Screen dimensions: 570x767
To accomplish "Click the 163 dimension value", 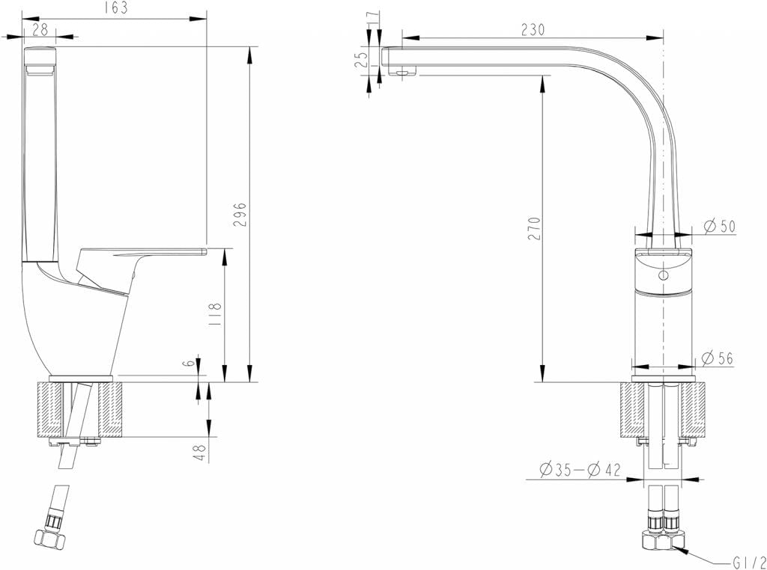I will [x=118, y=8].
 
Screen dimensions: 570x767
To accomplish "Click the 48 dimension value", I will [x=200, y=453].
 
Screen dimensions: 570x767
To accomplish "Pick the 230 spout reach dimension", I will [x=533, y=28].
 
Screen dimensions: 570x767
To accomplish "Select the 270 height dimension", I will [x=534, y=229].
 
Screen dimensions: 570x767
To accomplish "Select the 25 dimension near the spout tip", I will [x=362, y=58].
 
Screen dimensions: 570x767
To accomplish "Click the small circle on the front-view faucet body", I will [x=661, y=275].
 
